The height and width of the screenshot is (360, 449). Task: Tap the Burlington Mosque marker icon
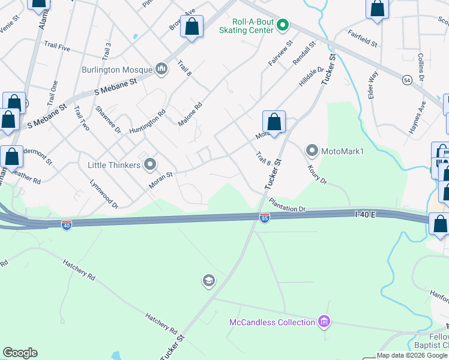tap(161, 69)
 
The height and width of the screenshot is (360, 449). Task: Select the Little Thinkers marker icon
tap(150, 164)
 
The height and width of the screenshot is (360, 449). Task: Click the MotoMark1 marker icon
tap(312, 150)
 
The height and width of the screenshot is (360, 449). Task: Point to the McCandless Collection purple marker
tap(325, 322)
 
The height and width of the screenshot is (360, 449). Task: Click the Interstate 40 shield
tap(67, 225)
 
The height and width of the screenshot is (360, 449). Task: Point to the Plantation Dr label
tap(288, 205)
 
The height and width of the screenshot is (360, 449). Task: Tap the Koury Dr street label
tap(317, 175)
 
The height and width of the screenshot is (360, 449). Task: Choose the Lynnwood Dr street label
tap(104, 194)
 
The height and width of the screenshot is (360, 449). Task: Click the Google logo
tap(20, 353)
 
